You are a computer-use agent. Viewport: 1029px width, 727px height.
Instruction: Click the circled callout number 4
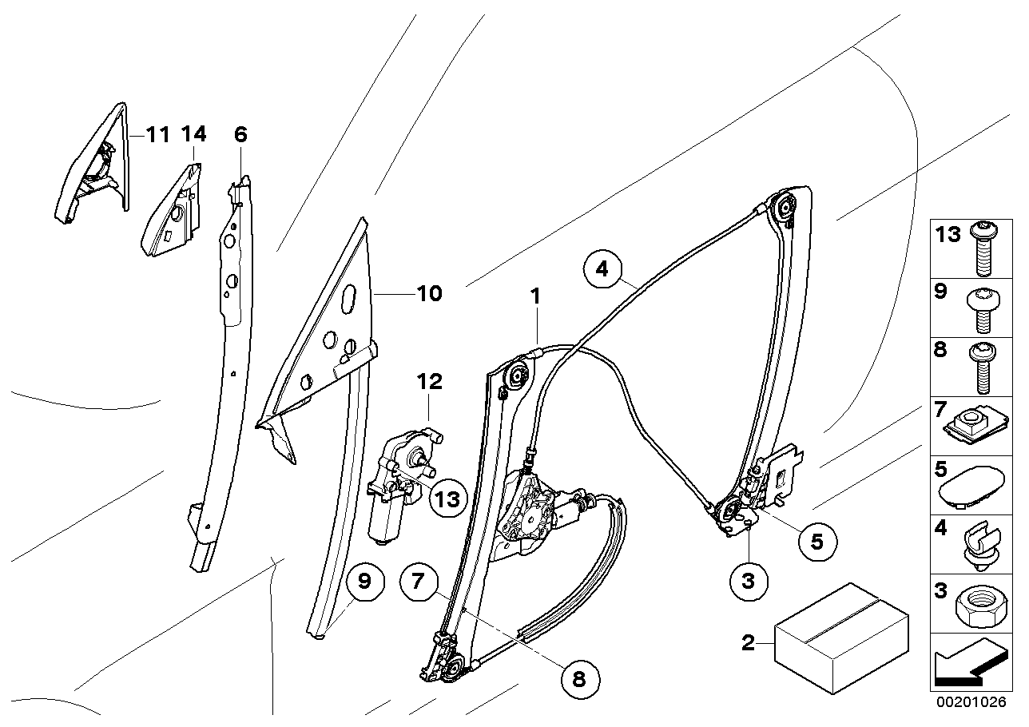pos(602,269)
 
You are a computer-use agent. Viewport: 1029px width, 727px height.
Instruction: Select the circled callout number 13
pos(447,499)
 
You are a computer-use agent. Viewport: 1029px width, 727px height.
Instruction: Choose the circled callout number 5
pos(816,541)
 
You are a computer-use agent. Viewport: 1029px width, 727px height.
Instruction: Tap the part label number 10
pos(428,295)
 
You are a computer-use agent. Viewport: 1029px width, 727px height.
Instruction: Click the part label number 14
pos(193,134)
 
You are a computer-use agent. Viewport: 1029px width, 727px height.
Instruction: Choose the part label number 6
pos(240,134)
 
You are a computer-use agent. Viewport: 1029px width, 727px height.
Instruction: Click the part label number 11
pos(157,134)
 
